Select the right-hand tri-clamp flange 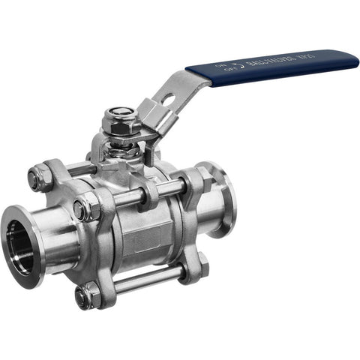[x=217, y=200]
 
